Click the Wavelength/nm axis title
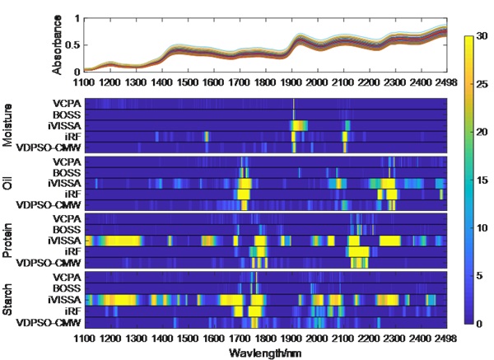click(x=266, y=353)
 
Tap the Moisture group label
click(x=8, y=126)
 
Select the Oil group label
click(x=8, y=183)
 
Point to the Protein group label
click(x=8, y=240)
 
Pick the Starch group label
click(x=8, y=297)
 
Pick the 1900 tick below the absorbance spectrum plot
click(x=291, y=84)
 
